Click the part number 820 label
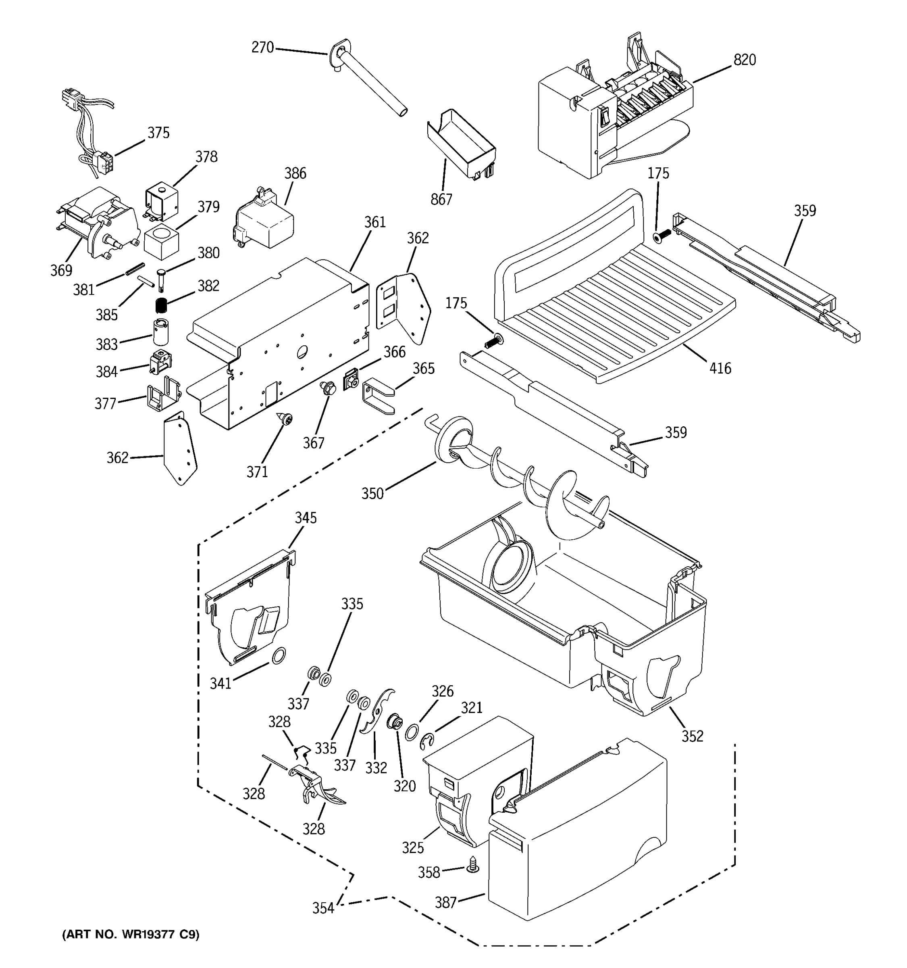744,60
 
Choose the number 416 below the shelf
720,368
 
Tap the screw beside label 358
472,865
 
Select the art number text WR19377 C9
130,935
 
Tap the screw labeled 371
285,418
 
